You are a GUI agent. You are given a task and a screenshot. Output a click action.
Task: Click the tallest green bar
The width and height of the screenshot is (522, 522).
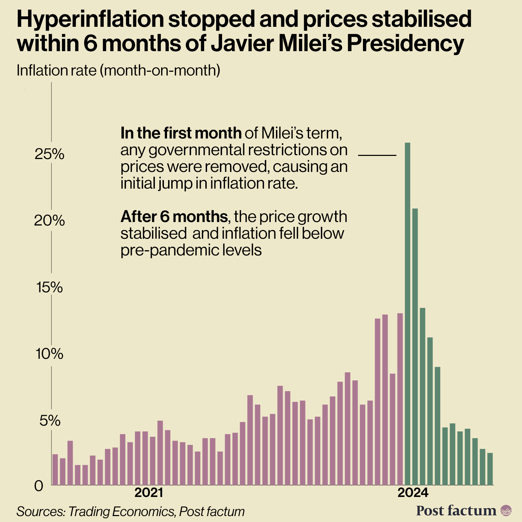[408, 313]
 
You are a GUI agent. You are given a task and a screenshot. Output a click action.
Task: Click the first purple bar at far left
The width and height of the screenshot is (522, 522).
[55, 469]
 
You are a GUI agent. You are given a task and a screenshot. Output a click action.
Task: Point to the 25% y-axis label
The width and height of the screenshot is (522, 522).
[49, 154]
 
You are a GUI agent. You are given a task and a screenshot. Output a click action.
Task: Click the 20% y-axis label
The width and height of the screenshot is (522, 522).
[49, 221]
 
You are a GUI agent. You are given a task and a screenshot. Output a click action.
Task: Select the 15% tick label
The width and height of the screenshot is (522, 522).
[49, 287]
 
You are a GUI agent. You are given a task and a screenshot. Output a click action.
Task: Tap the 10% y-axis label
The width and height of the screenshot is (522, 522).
[49, 354]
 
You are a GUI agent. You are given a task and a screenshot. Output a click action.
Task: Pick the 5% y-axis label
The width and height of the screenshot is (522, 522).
[50, 421]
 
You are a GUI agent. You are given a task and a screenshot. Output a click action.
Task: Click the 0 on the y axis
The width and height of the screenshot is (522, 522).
[39, 486]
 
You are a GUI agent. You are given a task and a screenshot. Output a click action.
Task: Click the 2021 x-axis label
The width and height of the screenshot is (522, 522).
[149, 493]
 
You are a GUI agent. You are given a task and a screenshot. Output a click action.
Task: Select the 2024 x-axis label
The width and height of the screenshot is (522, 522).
[413, 493]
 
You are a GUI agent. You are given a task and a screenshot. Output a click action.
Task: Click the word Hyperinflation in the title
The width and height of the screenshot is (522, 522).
[90, 19]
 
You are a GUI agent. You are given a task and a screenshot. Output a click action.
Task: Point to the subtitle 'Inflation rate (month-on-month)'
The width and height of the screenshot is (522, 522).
[118, 71]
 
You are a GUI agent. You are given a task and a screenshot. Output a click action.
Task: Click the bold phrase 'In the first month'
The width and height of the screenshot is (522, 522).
[181, 133]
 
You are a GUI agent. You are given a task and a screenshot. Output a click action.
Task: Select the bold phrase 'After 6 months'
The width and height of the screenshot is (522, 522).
[174, 217]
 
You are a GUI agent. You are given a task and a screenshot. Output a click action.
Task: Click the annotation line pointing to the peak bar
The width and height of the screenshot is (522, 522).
[377, 155]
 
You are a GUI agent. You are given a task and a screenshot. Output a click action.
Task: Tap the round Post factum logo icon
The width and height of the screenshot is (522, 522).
[506, 511]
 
